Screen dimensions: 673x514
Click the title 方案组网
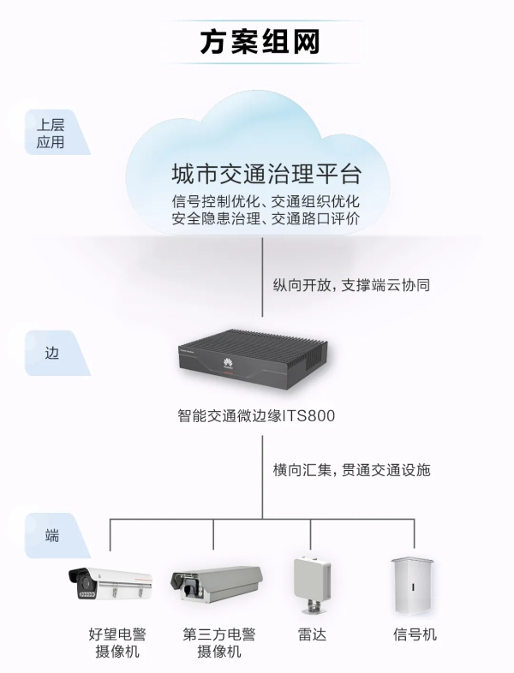pos(256,41)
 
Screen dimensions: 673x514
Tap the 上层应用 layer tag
pos(51,132)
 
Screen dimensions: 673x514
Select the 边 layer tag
pos(52,351)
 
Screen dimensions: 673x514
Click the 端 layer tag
pos(52,536)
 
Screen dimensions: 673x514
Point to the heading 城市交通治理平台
pos(266,175)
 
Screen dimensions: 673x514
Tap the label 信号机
pos(415,634)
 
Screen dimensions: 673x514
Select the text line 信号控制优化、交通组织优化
pos(266,202)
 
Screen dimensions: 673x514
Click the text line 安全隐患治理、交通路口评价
pos(266,219)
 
